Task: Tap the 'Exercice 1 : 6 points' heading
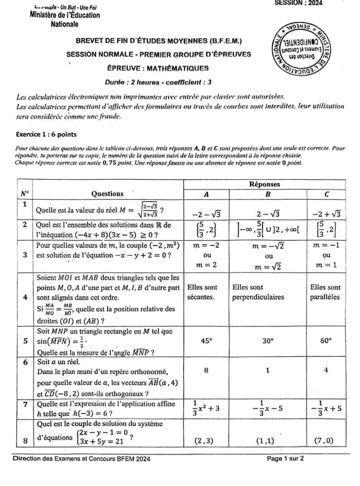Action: click(47, 135)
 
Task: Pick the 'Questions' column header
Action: click(107, 193)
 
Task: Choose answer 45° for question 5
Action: click(207, 341)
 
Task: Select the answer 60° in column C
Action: click(326, 341)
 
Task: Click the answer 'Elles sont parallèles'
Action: click(326, 292)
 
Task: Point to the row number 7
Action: click(25, 405)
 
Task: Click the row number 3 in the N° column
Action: click(25, 255)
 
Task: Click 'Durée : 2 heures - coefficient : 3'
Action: click(158, 82)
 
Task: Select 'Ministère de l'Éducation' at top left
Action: click(65, 15)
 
